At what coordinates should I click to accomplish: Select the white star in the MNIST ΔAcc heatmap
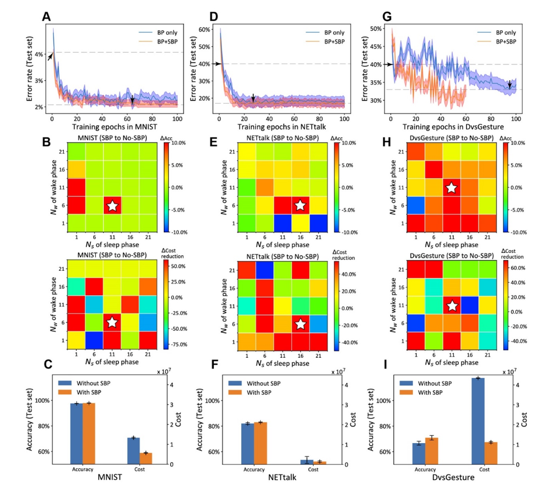(x=112, y=205)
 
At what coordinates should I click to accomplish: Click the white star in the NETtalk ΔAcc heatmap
(x=301, y=205)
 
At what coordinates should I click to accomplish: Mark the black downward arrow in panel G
(x=509, y=84)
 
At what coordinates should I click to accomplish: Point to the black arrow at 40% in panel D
(x=215, y=64)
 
